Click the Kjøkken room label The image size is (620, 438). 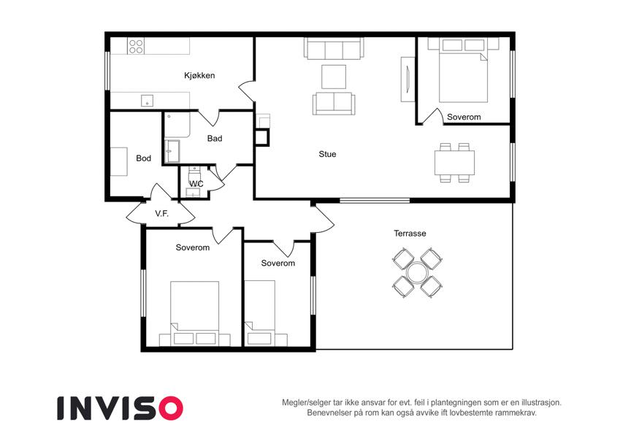coord(199,75)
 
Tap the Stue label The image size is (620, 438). coord(327,154)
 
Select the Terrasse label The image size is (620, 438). coord(410,233)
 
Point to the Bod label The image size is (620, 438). coord(143,158)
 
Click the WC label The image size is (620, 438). coord(196,184)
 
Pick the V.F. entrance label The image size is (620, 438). coord(161,213)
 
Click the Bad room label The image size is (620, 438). coord(215,139)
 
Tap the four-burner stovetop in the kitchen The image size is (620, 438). coord(136,46)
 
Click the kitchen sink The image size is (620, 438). coord(147,101)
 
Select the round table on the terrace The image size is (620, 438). coord(417,273)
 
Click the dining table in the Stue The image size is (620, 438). coord(454,163)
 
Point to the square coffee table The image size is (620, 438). coord(334,77)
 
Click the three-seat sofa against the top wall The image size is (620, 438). coord(334,48)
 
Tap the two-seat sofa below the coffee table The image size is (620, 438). coord(334,104)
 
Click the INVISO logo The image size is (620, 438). coord(120,408)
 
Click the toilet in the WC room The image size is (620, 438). coord(194,173)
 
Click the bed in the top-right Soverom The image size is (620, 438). coord(463,70)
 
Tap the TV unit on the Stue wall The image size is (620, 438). coord(407,79)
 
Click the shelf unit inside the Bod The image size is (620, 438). coord(118,161)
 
